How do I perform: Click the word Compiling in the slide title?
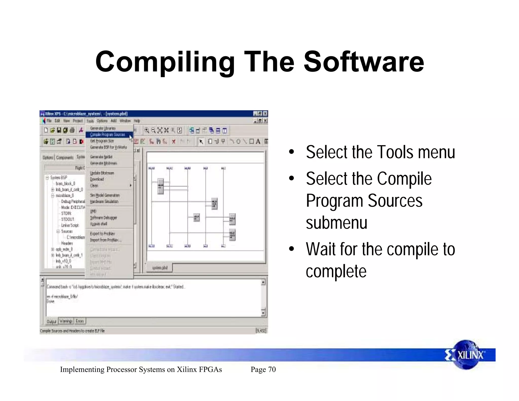(x=165, y=62)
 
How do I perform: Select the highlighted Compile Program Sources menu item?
(x=107, y=135)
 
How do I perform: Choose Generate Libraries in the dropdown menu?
(x=103, y=128)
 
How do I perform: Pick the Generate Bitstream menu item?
(x=103, y=163)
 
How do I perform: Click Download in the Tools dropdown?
(x=97, y=179)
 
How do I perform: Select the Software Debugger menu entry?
(x=103, y=218)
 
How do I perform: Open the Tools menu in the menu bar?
(x=90, y=121)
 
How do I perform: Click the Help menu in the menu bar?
(x=137, y=121)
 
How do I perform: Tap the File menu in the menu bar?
(x=49, y=121)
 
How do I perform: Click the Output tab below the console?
(x=51, y=321)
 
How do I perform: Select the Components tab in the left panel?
(x=65, y=158)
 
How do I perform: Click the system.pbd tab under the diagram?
(x=160, y=268)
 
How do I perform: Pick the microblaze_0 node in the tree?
(x=65, y=196)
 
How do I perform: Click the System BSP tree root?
(x=59, y=177)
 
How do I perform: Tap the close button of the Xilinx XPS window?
(x=265, y=114)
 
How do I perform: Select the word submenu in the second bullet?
(x=336, y=223)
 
